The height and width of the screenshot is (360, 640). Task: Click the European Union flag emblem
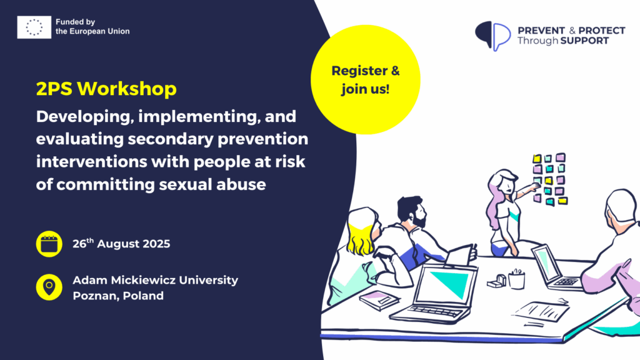click(x=34, y=27)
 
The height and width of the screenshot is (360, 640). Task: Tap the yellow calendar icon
click(x=49, y=244)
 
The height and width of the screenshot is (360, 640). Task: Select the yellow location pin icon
click(x=49, y=287)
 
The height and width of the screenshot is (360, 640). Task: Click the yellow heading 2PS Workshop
click(x=106, y=89)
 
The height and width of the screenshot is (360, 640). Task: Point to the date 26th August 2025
click(x=121, y=243)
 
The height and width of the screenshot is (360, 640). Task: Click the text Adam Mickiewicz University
click(x=156, y=280)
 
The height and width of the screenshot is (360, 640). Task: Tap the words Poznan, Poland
click(x=118, y=296)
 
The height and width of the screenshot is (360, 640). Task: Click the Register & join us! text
click(x=365, y=79)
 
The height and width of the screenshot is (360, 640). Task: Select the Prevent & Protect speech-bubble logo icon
click(x=492, y=36)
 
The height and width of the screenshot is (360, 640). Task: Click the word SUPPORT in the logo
click(x=584, y=41)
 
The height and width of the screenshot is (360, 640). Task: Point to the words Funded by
click(x=75, y=22)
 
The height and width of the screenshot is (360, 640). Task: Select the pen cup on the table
click(x=516, y=279)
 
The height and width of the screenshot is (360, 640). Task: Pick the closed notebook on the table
click(x=379, y=301)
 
